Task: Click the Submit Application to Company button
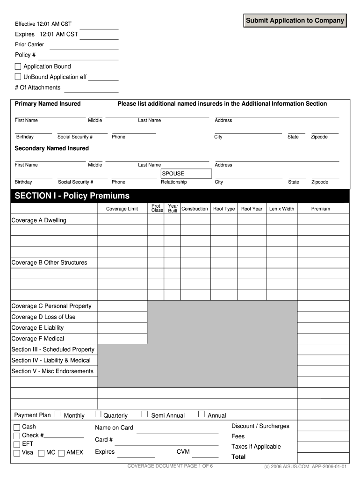(295, 21)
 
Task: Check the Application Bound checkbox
(18, 66)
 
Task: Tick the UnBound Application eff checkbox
(18, 77)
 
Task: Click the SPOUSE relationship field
(186, 174)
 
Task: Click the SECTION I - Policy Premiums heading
(72, 196)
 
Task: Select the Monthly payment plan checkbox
(58, 414)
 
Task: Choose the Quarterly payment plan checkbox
(98, 414)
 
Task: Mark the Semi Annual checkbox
(145, 414)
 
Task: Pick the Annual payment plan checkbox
(202, 414)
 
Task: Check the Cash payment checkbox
(17, 427)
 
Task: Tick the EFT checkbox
(17, 444)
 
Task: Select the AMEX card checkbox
(61, 453)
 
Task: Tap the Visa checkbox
(17, 453)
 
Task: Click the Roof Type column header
(224, 209)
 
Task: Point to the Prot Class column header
(156, 208)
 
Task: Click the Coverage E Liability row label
(37, 328)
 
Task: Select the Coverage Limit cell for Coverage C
(122, 306)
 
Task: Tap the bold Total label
(238, 457)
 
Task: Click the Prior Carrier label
(29, 44)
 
